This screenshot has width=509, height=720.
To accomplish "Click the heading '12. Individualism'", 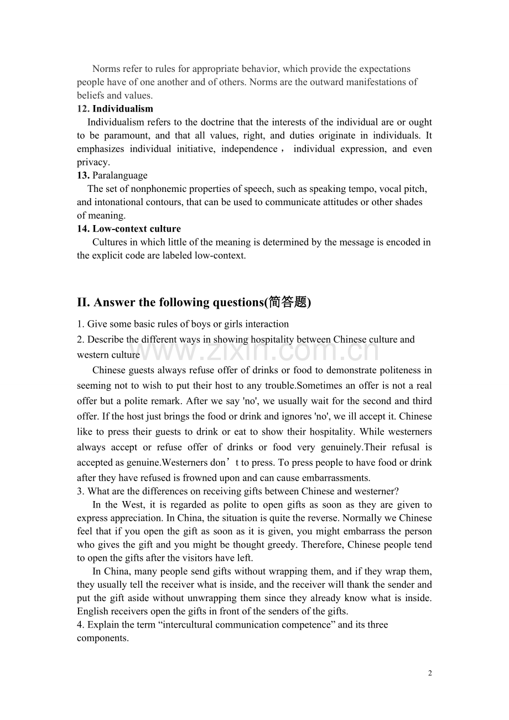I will (115, 109).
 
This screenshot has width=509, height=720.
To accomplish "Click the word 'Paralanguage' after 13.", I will (120, 176).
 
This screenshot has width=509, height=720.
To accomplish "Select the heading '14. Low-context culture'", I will (129, 229).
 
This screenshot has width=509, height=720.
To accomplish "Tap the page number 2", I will (430, 673).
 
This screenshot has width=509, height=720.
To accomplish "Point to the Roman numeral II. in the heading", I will (84, 302).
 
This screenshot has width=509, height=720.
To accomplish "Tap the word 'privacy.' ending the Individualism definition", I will (94, 162).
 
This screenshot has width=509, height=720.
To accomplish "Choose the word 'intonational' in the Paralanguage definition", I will (118, 202).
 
